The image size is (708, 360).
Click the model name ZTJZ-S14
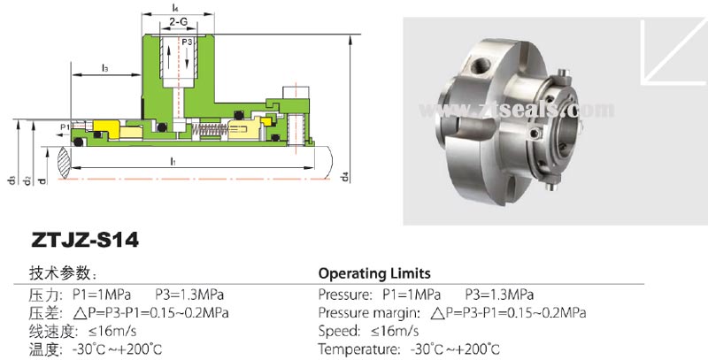[85, 240]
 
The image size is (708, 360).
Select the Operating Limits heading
[374, 273]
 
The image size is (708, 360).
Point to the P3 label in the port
[188, 42]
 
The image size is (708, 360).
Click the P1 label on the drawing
[65, 128]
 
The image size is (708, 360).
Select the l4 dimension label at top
[176, 5]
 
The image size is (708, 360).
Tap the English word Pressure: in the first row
[346, 294]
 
